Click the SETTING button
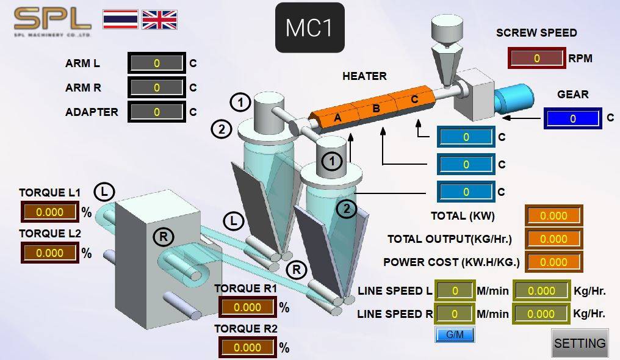coord(580,343)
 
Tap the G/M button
coord(455,335)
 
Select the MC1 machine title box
coord(309,27)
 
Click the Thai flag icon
coord(120,20)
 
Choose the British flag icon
coord(160,20)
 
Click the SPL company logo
coord(52,22)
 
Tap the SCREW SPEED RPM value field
coord(536,58)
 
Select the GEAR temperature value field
coord(573,118)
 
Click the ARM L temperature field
coord(157,63)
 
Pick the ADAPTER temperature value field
coord(157,112)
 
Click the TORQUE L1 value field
coord(50,212)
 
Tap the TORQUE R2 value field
coord(248,347)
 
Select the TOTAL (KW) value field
coord(553,216)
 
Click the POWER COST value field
coord(553,262)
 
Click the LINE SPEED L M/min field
coord(455,291)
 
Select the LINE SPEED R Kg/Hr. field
coord(541,314)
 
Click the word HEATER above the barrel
coord(364,76)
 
